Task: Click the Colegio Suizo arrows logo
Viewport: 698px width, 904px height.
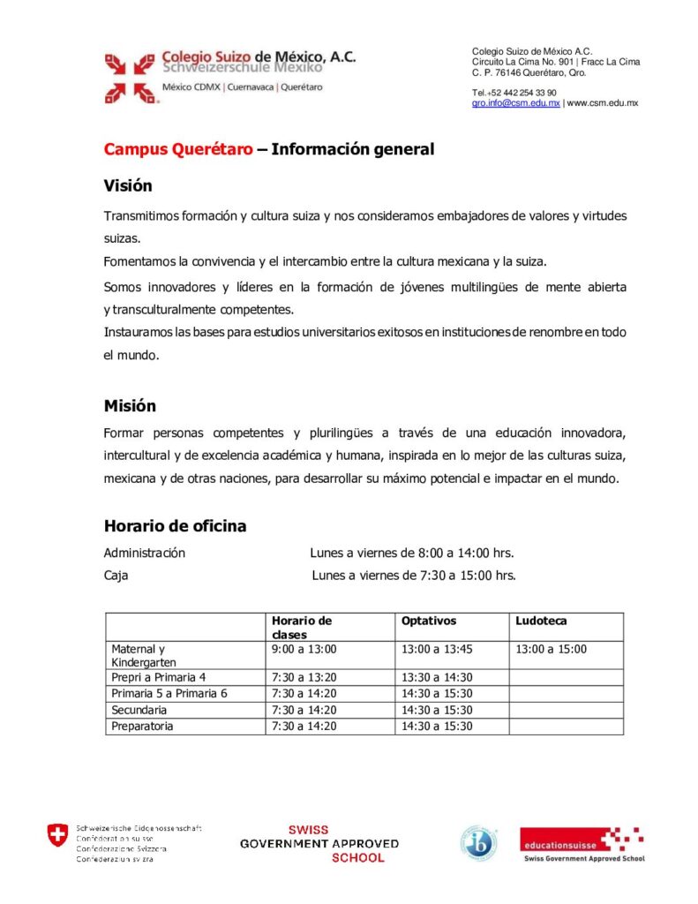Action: tap(130, 77)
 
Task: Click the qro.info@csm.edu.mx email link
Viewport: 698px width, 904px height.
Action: tap(516, 103)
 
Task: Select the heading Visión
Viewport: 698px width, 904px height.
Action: tap(128, 186)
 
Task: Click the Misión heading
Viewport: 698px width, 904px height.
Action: tap(130, 406)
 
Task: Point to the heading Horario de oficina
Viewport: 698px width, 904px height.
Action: tap(175, 526)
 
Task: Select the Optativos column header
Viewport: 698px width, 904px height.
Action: tap(429, 621)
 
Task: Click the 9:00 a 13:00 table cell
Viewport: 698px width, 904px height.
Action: tap(304, 649)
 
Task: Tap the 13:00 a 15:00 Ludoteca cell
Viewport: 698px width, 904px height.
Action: tap(552, 649)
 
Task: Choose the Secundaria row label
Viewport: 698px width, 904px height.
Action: tap(139, 710)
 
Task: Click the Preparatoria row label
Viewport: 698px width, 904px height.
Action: tap(142, 727)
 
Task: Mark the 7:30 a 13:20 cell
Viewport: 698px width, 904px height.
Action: tap(304, 677)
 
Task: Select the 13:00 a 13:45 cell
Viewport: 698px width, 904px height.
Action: tap(437, 649)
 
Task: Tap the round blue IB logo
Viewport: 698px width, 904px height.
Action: tap(478, 842)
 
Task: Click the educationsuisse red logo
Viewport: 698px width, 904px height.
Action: tap(582, 843)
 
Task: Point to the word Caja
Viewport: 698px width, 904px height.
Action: tap(116, 576)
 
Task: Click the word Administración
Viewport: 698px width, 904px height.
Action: tap(145, 553)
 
